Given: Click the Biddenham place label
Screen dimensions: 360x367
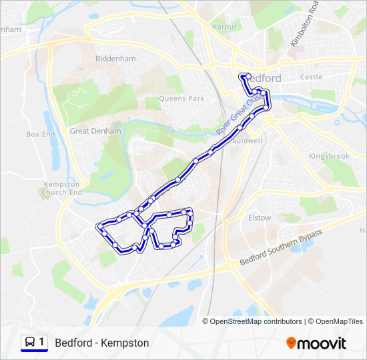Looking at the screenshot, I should point(115,59).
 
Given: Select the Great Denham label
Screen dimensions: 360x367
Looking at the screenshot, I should point(95,131).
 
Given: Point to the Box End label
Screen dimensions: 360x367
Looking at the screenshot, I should point(41,134).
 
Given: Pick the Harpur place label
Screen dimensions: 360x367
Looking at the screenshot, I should point(225,27).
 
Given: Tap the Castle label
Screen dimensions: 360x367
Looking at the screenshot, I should point(311,77).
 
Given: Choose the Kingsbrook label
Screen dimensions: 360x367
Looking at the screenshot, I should point(329,156).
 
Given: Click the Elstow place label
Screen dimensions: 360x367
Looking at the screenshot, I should point(260,217).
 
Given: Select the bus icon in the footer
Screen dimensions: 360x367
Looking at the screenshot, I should point(30,343).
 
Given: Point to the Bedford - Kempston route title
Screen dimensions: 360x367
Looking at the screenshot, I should point(102,343).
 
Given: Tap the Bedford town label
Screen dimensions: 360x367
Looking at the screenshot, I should point(265,78).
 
